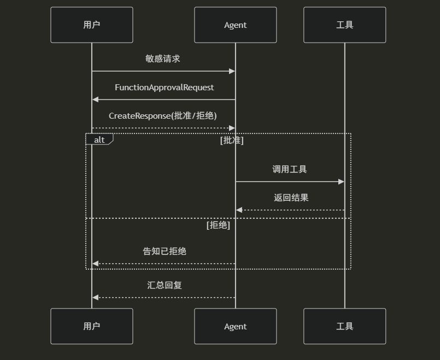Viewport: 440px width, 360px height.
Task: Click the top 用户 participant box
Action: [92, 25]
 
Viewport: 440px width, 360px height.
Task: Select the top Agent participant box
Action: [236, 25]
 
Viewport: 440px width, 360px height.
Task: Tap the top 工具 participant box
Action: [345, 25]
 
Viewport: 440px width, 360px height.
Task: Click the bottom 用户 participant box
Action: [92, 326]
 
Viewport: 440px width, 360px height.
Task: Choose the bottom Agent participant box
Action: [236, 326]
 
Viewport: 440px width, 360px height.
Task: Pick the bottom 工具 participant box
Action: [345, 326]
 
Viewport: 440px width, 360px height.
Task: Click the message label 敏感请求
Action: [163, 59]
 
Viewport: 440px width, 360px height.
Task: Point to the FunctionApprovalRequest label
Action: [164, 88]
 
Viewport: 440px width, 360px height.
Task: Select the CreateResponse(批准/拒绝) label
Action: [163, 116]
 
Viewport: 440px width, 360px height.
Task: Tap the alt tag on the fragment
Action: [99, 140]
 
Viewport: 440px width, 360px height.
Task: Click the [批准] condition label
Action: [232, 140]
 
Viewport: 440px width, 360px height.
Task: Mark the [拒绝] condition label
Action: [218, 225]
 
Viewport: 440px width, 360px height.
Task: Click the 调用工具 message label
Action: [290, 169]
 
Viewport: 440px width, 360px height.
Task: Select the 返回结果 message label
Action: [291, 198]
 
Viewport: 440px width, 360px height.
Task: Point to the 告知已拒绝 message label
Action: [165, 251]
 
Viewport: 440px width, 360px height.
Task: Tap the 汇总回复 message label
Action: [165, 285]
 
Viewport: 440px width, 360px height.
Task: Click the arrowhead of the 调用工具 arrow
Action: [342, 182]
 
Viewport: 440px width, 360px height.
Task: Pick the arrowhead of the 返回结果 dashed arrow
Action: [239, 210]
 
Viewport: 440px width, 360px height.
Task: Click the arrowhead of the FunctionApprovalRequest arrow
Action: [95, 100]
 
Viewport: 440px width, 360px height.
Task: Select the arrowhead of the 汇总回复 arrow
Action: [95, 298]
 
